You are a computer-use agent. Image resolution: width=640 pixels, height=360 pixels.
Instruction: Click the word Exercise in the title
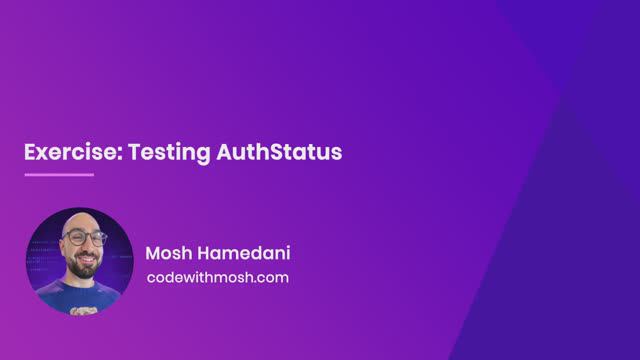(64, 153)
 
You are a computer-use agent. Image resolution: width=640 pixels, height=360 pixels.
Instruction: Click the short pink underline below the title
(59, 175)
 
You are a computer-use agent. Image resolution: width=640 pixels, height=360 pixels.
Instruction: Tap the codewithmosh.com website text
(217, 277)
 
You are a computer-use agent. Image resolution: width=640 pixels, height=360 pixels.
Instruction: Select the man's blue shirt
(80, 297)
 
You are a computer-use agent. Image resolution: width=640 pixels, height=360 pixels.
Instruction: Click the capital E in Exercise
(30, 153)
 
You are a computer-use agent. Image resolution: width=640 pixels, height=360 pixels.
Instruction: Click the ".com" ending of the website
(272, 277)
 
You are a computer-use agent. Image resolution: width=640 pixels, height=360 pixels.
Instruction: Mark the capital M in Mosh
(153, 252)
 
